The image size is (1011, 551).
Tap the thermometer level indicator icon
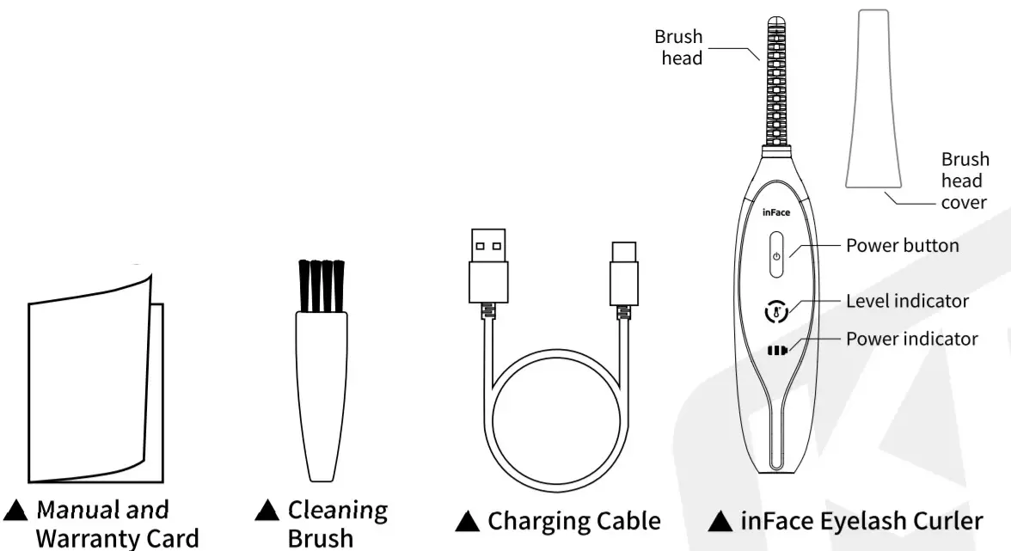[x=776, y=312]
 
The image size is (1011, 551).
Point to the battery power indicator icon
[x=777, y=350]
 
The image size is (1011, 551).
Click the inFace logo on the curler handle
[x=776, y=212]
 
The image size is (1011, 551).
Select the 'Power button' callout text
[x=902, y=246]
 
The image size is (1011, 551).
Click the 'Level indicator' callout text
[x=907, y=301]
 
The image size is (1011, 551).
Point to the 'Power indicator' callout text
[x=911, y=339]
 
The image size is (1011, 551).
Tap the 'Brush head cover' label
[x=965, y=181]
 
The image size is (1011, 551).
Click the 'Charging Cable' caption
[x=574, y=521]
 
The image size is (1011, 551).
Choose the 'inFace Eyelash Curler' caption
[x=861, y=521]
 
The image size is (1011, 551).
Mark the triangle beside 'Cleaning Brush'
[x=267, y=511]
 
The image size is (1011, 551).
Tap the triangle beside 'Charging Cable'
[x=467, y=521]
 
